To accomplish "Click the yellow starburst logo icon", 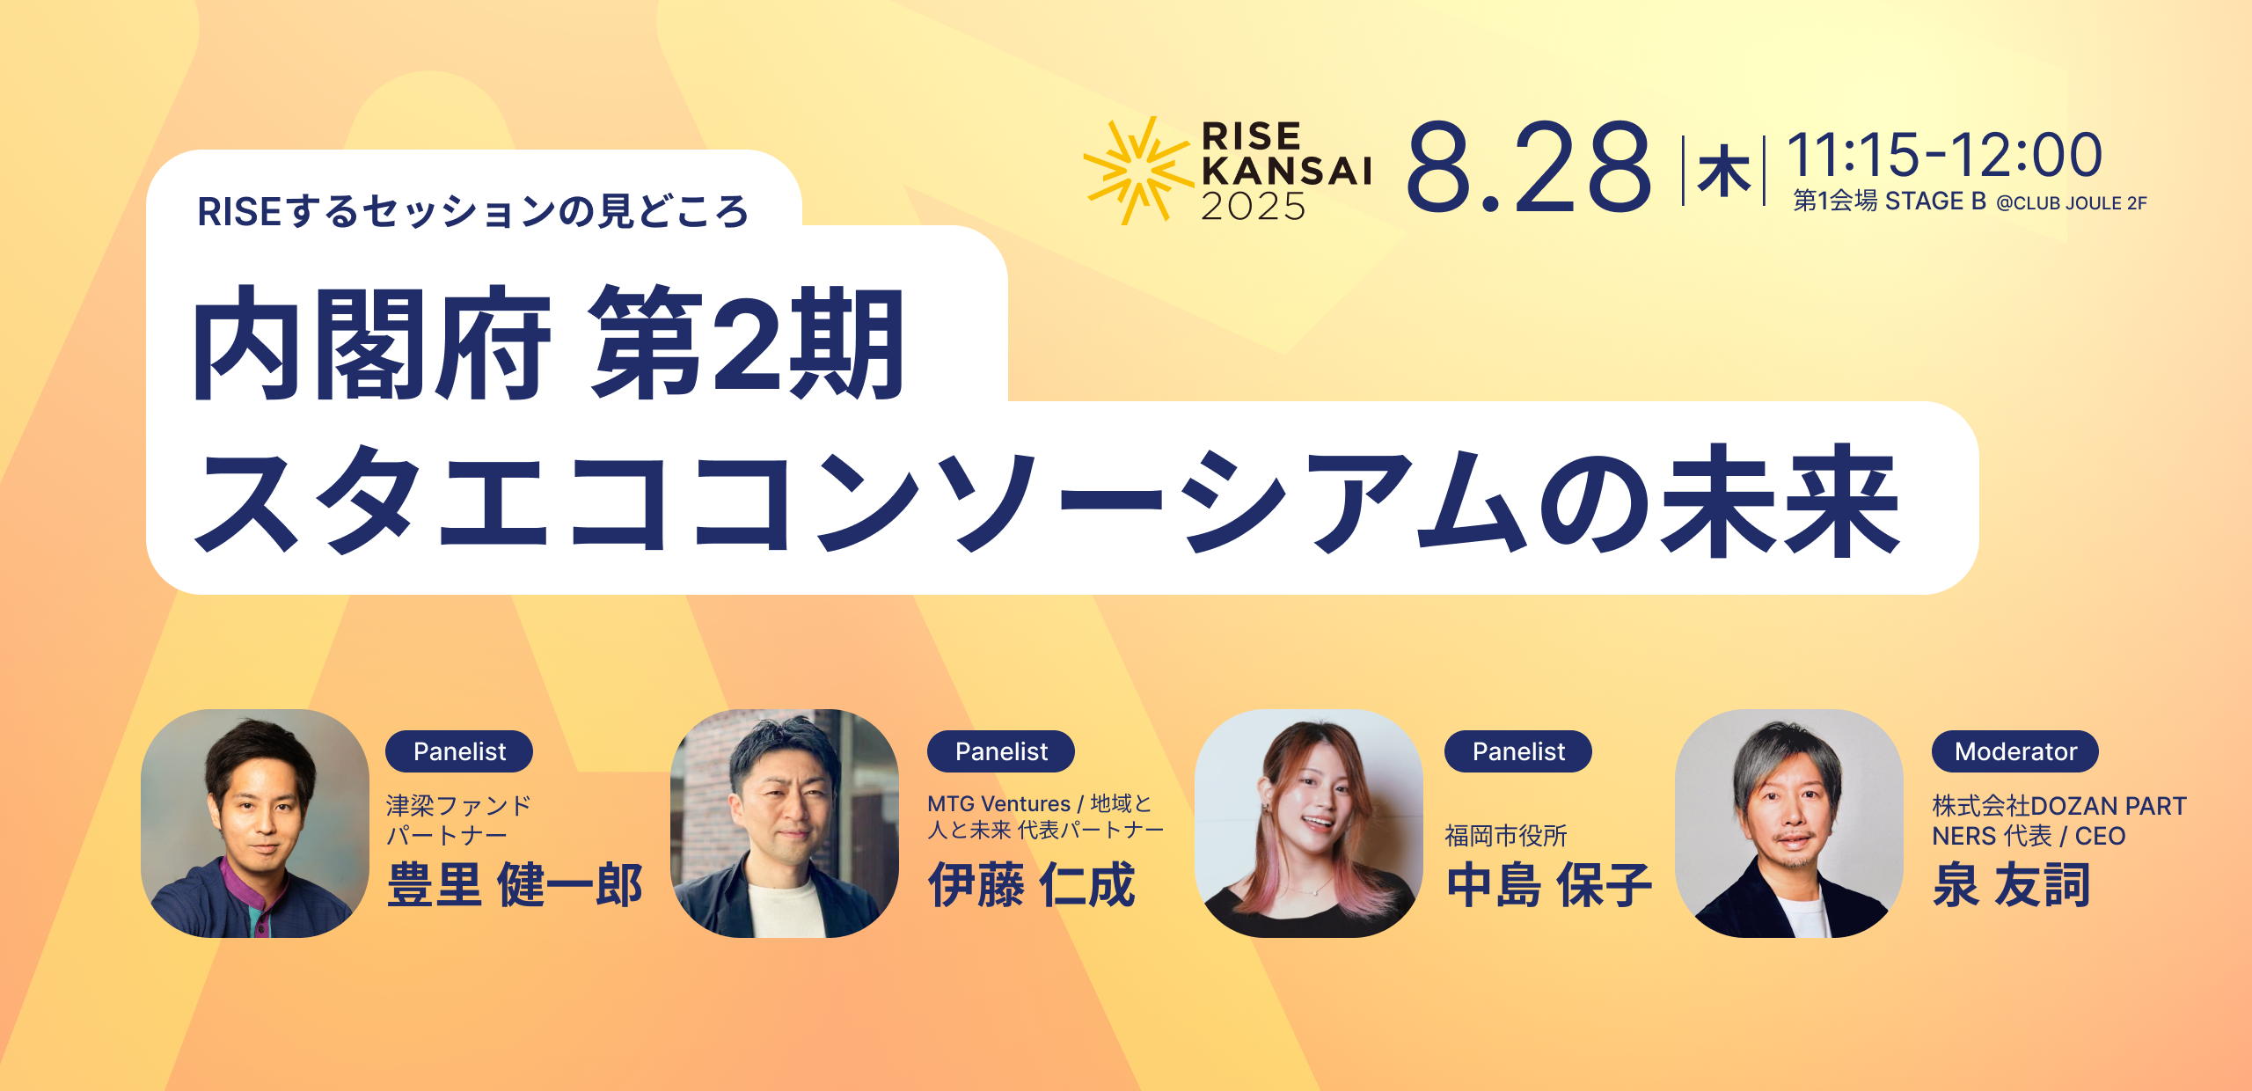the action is pyautogui.click(x=1138, y=171).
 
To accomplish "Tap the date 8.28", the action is pyautogui.click(x=1529, y=167).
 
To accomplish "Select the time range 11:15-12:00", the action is pyautogui.click(x=1945, y=155).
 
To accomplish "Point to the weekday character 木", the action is pyautogui.click(x=1724, y=172).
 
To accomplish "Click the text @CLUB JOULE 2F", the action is pyautogui.click(x=2072, y=203).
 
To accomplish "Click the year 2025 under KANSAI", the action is pyautogui.click(x=1254, y=206).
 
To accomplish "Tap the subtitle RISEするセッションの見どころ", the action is pyautogui.click(x=473, y=212).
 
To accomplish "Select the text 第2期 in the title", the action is pyautogui.click(x=747, y=344).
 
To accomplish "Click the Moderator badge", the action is pyautogui.click(x=2015, y=751).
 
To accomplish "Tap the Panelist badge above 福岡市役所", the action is pyautogui.click(x=1518, y=751).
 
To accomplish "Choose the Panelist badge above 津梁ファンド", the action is pyautogui.click(x=459, y=751).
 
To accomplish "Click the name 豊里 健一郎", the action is pyautogui.click(x=515, y=885).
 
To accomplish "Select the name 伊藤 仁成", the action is pyautogui.click(x=1032, y=885).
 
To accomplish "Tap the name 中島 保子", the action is pyautogui.click(x=1549, y=885).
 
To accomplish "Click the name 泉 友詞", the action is pyautogui.click(x=2011, y=885).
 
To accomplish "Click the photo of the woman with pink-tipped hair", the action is pyautogui.click(x=1309, y=824).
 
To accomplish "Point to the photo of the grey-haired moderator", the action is pyautogui.click(x=1789, y=824).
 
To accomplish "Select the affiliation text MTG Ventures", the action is pyautogui.click(x=998, y=804).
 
